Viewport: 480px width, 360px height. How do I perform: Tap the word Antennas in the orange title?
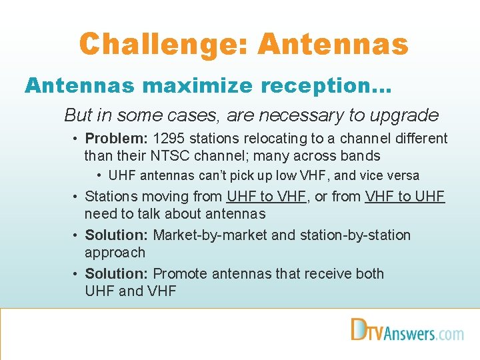(x=333, y=45)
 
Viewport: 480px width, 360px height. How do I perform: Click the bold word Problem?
(x=117, y=139)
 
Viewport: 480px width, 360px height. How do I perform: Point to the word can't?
(x=207, y=176)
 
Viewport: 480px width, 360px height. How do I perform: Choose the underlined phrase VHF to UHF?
(x=405, y=197)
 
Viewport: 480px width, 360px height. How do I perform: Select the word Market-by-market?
(x=214, y=235)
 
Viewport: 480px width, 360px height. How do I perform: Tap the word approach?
(x=115, y=253)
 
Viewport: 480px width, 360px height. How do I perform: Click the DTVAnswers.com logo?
(x=407, y=331)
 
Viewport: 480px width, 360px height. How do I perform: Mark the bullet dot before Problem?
(x=77, y=139)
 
